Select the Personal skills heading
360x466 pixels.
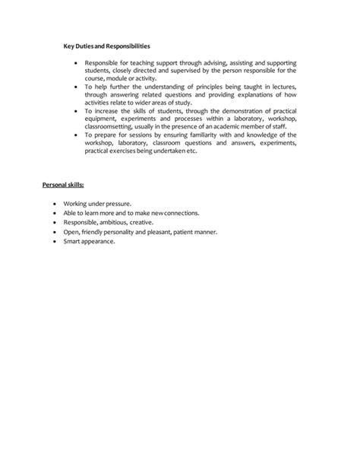(x=62, y=185)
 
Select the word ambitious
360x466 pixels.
(x=114, y=223)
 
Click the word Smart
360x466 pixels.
(x=74, y=241)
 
